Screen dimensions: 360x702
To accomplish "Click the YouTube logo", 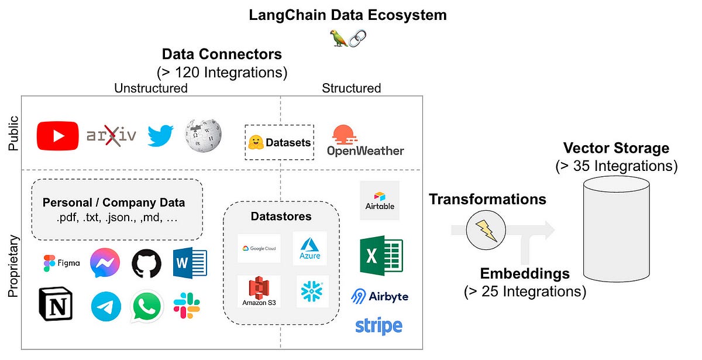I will [x=57, y=135].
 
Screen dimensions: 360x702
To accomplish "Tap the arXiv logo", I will [x=111, y=136].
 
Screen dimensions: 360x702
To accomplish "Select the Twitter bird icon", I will [x=160, y=135].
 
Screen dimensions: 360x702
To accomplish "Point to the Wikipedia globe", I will [x=203, y=136].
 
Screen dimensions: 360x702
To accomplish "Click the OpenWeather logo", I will [x=366, y=141].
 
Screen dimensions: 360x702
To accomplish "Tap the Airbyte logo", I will [x=380, y=296].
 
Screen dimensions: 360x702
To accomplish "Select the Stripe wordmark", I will [x=379, y=325].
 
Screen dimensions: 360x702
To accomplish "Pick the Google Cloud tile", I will [x=259, y=248].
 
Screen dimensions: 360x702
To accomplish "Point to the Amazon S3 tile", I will [x=259, y=291].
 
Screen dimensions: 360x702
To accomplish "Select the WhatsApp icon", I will [x=146, y=306].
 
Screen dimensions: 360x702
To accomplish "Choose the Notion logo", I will [x=56, y=304].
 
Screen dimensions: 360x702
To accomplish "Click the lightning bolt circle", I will [x=486, y=230].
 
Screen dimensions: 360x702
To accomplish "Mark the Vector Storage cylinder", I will [x=616, y=238].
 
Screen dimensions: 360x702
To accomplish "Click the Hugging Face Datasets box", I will [x=279, y=142].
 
